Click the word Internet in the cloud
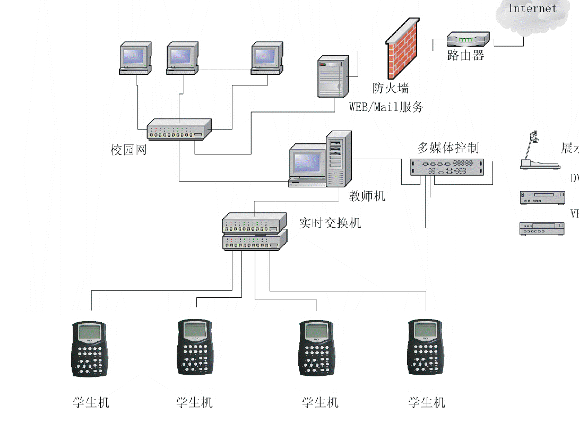532,8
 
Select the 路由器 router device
468,39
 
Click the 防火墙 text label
391,88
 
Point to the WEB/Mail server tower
332,76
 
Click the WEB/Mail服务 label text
386,107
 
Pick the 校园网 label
128,150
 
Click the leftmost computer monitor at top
135,57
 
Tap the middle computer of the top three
182,57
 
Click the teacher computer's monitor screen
307,162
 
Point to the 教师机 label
367,196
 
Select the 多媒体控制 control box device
447,167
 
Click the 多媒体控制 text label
448,148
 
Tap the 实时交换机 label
330,222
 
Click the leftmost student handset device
90,349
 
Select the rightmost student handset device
426,348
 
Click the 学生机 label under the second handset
194,402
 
